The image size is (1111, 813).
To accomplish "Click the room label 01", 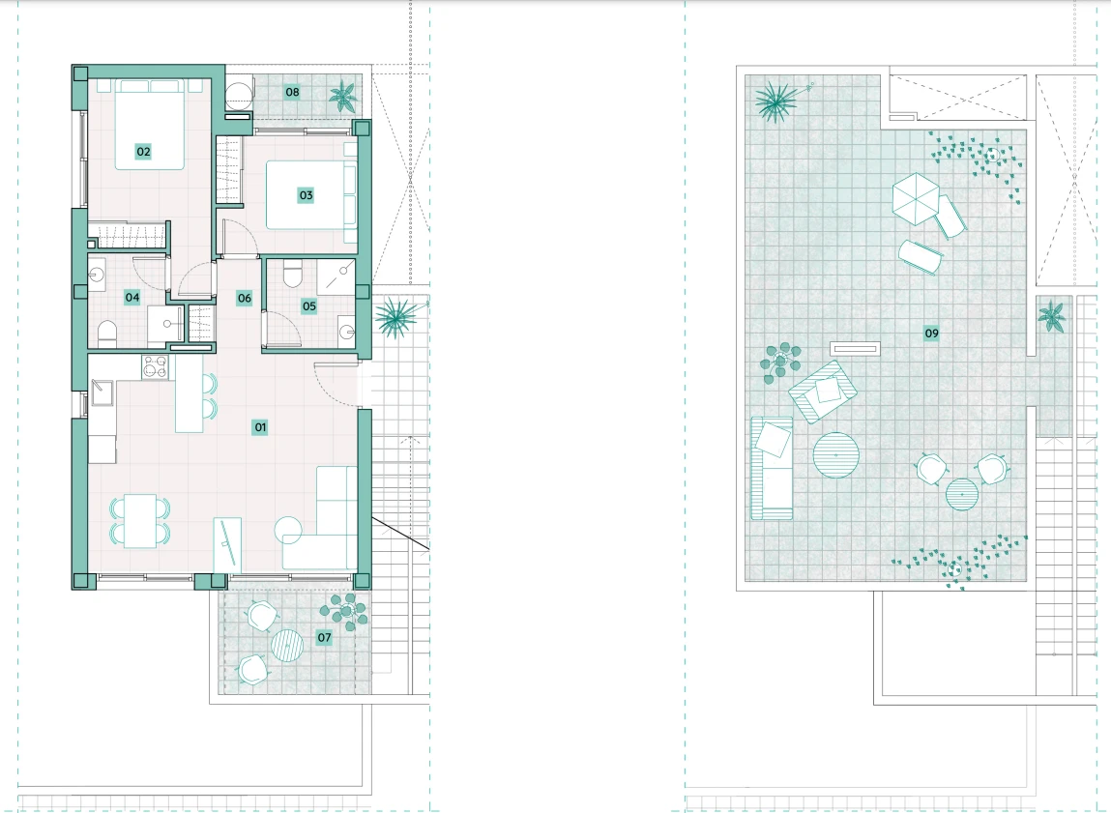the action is click(x=260, y=427).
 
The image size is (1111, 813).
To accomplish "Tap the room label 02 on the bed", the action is click(x=143, y=151).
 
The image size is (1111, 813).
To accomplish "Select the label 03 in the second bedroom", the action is click(x=306, y=194).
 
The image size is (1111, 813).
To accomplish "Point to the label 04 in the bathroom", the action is click(x=132, y=298).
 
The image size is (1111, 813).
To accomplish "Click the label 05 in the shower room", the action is click(x=308, y=305).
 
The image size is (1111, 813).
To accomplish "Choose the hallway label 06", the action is click(x=245, y=298).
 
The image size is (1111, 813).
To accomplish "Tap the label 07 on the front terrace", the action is click(x=324, y=637).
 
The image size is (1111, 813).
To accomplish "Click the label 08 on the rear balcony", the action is click(x=292, y=92).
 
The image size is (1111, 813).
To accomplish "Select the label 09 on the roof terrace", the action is click(x=931, y=333).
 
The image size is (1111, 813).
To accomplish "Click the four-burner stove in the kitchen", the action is click(x=155, y=366).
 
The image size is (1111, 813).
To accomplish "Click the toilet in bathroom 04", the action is click(x=106, y=334).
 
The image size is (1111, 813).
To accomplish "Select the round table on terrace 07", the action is click(x=287, y=645).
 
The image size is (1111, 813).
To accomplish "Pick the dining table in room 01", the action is click(x=139, y=521).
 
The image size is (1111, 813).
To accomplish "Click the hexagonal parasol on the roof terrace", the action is click(x=916, y=199).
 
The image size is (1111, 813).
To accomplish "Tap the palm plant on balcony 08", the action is click(x=343, y=96).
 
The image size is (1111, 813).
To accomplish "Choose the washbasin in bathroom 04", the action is click(x=97, y=272).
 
